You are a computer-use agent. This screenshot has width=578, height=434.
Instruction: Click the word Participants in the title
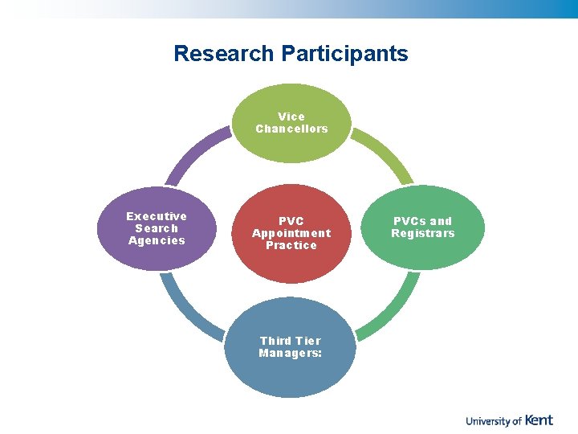tap(344, 54)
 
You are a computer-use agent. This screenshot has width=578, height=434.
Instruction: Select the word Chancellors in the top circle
tap(291, 129)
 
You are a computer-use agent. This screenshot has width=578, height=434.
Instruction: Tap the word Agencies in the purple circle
tap(157, 240)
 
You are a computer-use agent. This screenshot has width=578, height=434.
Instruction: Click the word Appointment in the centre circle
tap(291, 233)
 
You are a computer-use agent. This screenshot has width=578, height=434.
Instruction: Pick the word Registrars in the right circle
tap(422, 233)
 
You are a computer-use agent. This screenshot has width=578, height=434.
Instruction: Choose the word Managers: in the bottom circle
tap(291, 353)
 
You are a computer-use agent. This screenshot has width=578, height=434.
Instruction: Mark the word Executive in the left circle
tap(157, 216)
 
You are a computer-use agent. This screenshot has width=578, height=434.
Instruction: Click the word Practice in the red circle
tap(291, 245)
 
